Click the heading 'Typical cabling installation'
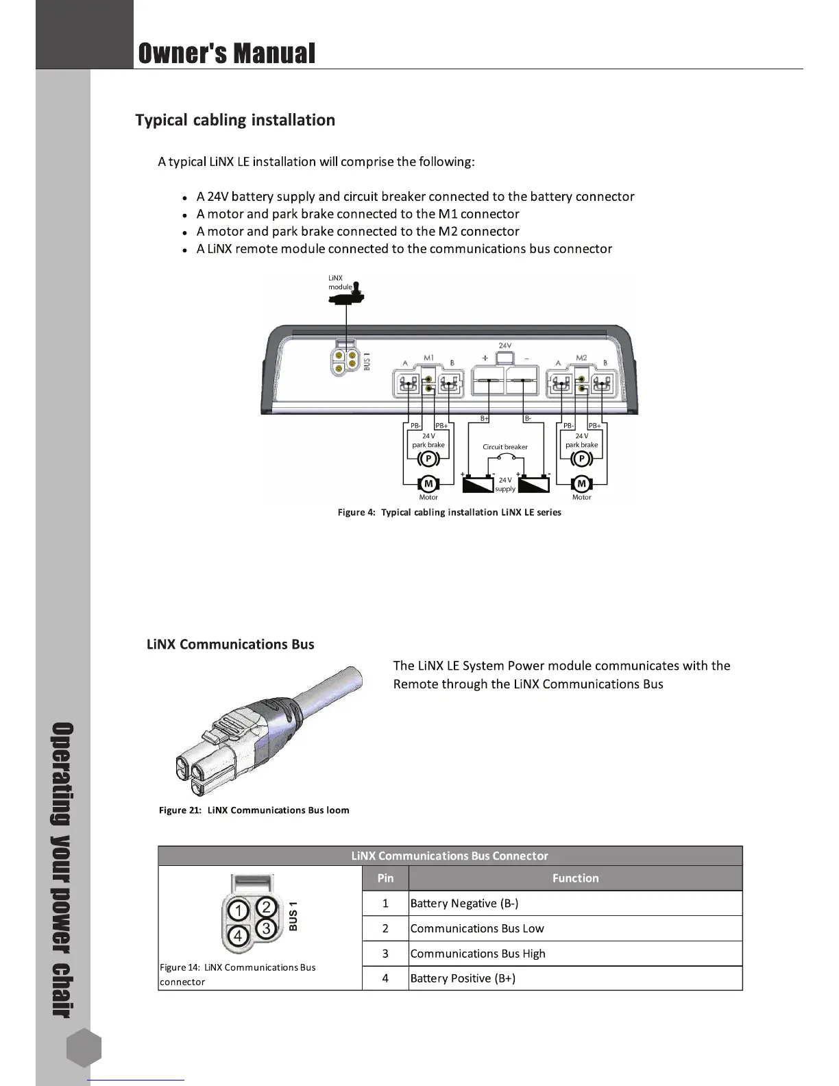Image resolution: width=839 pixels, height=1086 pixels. click(x=235, y=120)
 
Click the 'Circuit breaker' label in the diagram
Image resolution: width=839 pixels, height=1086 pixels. click(x=505, y=447)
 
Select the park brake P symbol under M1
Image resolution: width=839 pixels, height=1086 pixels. click(x=428, y=459)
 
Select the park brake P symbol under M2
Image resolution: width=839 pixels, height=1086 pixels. click(x=581, y=459)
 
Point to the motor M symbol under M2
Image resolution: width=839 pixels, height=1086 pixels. click(x=581, y=484)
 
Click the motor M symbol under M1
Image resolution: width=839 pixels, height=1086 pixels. click(x=428, y=484)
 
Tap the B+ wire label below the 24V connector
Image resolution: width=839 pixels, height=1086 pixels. click(x=484, y=418)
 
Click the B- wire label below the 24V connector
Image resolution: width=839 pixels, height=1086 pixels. click(x=528, y=418)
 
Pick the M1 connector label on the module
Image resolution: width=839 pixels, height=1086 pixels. click(x=428, y=357)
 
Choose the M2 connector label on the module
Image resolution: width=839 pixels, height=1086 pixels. click(x=581, y=357)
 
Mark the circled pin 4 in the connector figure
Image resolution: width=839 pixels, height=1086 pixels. click(x=238, y=935)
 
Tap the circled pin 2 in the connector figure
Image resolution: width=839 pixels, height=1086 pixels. click(x=267, y=906)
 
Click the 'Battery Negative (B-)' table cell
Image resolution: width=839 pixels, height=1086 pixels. click(x=464, y=904)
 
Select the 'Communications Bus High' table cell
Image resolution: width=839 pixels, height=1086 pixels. click(x=478, y=954)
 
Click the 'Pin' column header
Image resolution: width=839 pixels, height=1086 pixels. click(x=385, y=878)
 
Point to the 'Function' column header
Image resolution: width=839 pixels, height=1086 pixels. click(x=575, y=878)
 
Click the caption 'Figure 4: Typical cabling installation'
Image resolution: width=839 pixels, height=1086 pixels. click(x=449, y=513)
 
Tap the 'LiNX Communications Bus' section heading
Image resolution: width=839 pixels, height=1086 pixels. click(x=230, y=644)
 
